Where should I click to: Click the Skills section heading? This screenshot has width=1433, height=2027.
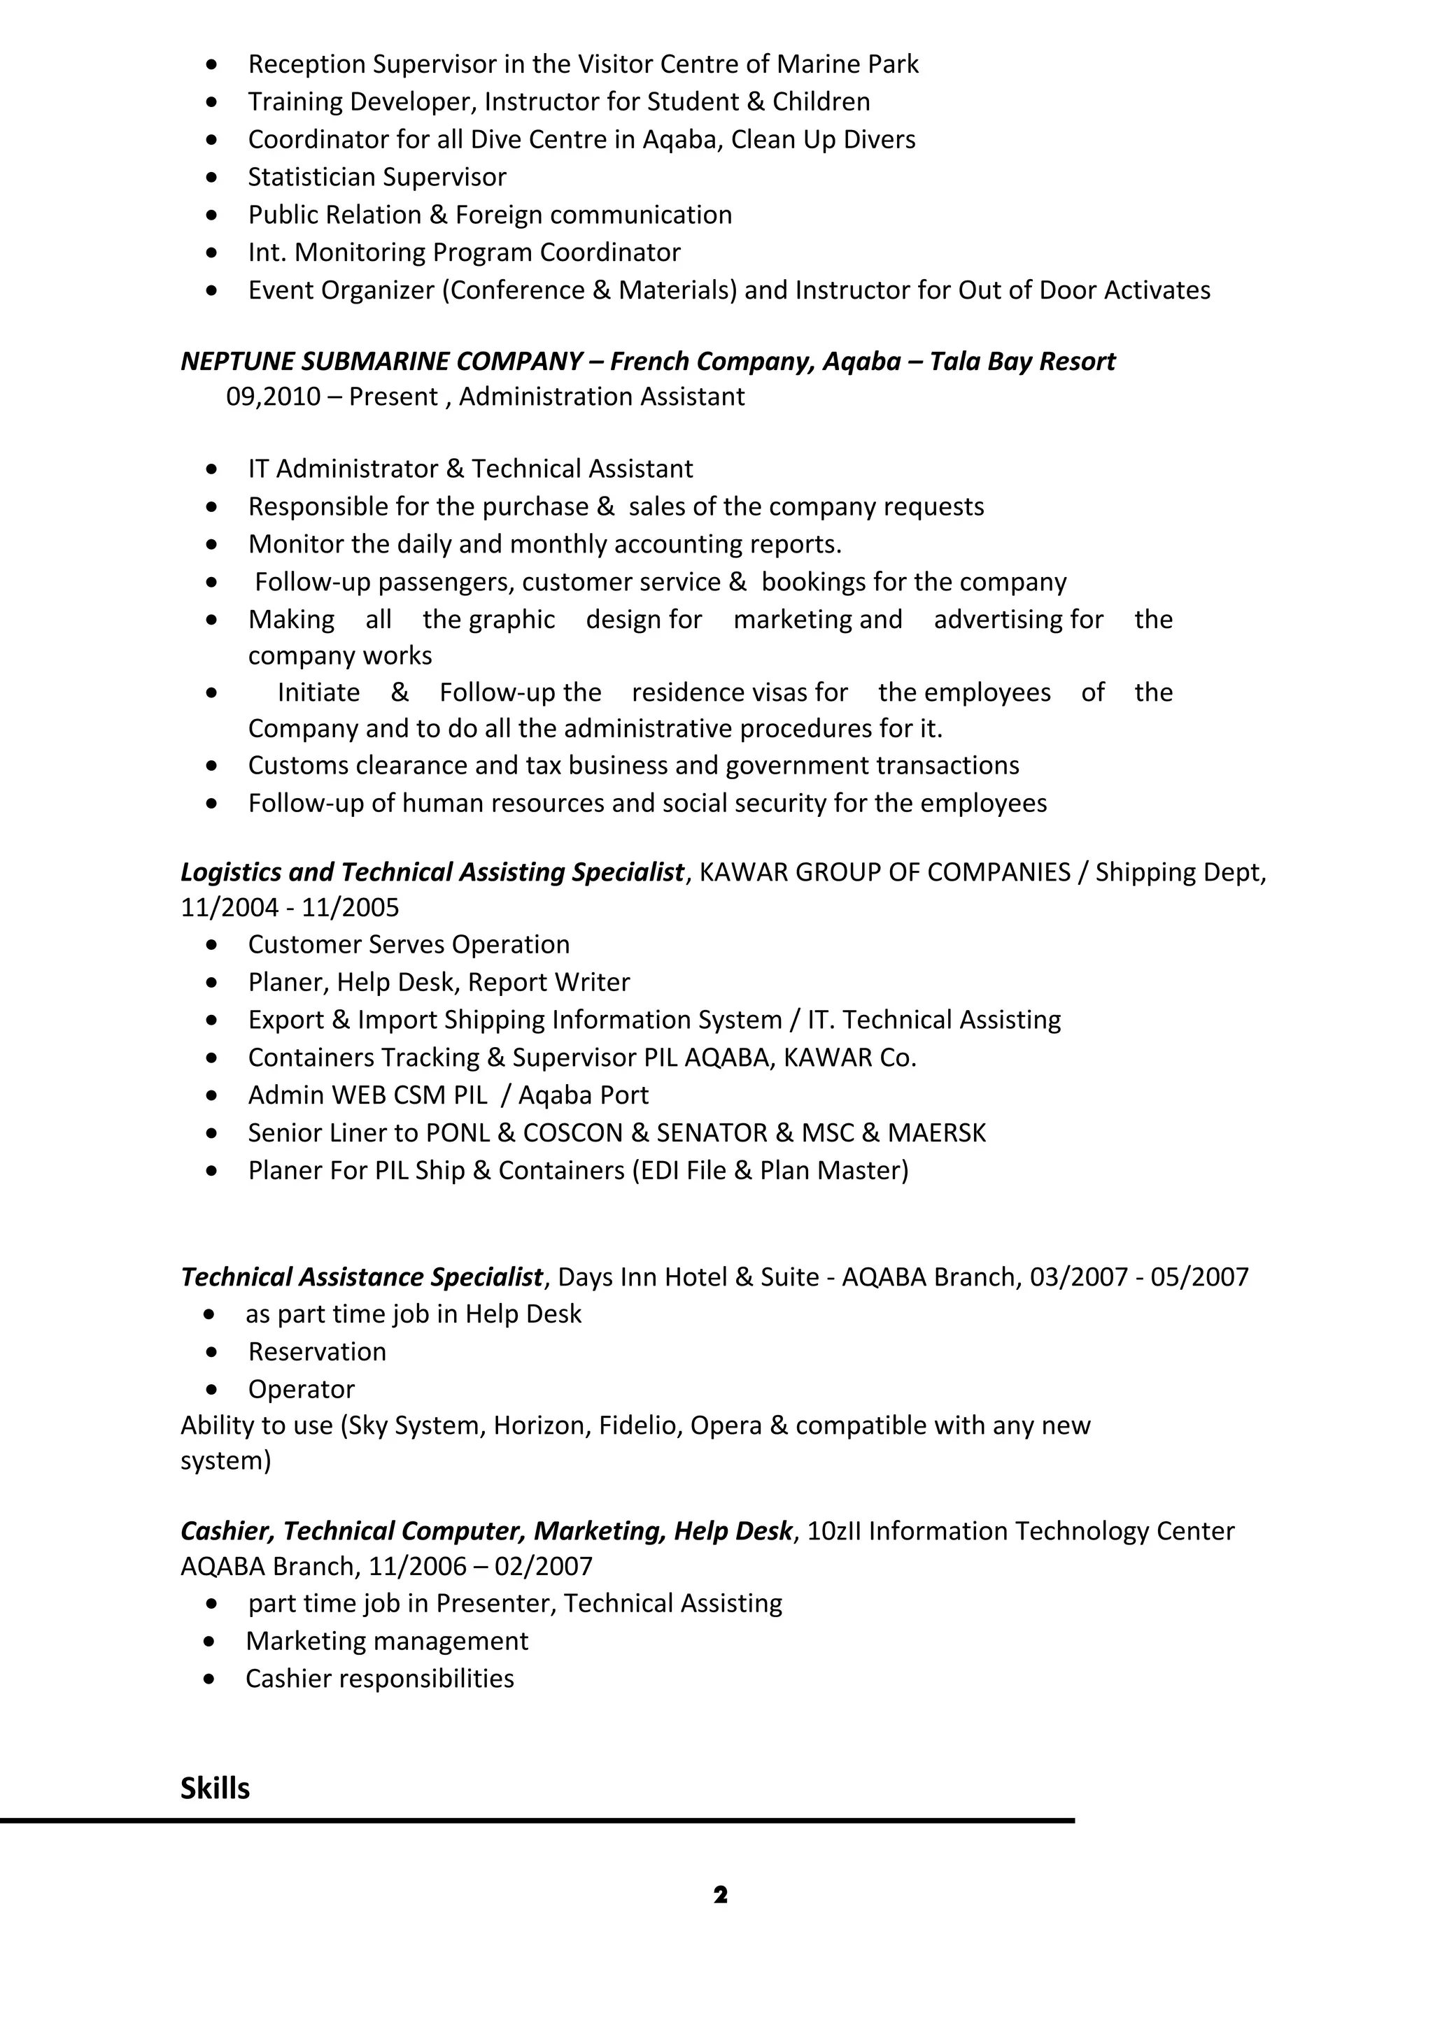tap(215, 1788)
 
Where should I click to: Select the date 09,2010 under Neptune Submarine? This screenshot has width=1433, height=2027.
tap(273, 397)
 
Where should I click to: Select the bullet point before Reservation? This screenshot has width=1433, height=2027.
tap(211, 1351)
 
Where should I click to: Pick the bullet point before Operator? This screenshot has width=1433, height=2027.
tap(211, 1390)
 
